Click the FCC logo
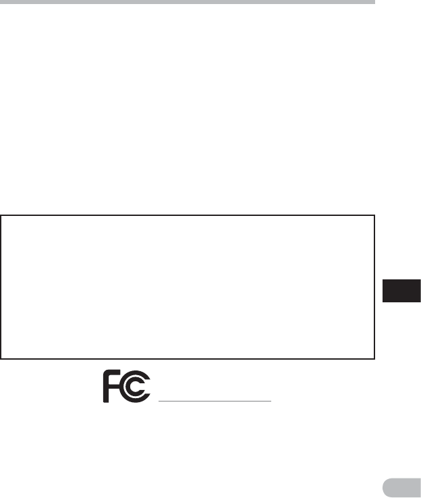coord(128,387)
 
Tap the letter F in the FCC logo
coord(109,388)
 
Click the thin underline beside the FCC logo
coord(215,401)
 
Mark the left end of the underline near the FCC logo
coord(159,401)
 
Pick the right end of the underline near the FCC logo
coord(270,401)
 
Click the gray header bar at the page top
coord(187,2)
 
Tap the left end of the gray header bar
coord(2,2)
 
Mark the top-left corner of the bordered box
coord(1,216)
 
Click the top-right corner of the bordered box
coord(374,216)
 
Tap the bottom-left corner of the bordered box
coord(1,358)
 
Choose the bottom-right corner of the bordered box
coord(374,358)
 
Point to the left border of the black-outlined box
coord(1,287)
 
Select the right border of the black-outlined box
coord(374,287)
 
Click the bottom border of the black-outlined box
coord(188,358)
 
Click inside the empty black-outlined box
coord(188,287)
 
